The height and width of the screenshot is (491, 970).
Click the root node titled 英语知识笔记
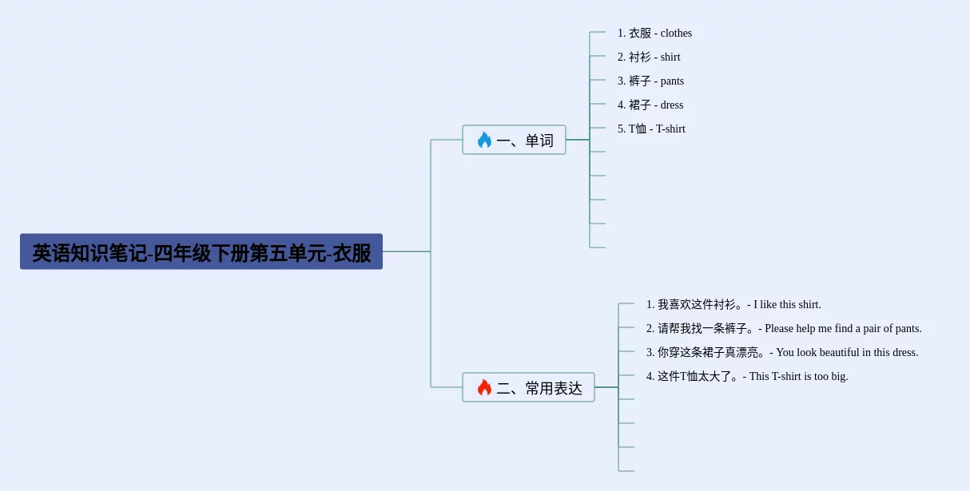201,252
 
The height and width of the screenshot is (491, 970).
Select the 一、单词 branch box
514,141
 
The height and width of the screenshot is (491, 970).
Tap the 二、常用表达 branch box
528,388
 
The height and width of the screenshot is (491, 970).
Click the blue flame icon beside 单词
484,141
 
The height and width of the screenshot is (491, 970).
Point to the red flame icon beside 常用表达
484,388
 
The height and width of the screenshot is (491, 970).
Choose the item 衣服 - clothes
654,34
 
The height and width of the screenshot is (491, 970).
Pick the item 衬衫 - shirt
649,57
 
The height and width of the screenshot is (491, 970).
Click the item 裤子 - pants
650,81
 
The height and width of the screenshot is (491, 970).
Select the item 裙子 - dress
650,105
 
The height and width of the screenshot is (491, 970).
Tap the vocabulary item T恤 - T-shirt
651,129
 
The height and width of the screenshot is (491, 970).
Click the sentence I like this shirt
733,305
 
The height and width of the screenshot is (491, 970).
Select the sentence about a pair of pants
784,329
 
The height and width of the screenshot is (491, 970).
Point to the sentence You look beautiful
782,353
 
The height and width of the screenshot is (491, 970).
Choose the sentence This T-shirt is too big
747,377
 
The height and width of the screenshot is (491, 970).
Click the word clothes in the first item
676,34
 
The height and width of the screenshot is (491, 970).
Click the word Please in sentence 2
779,329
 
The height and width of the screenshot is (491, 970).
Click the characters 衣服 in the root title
352,253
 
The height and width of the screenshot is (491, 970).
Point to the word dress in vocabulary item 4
672,105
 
